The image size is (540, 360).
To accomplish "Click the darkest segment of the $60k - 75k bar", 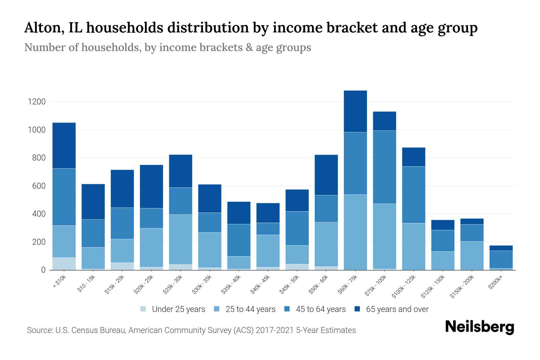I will tap(355, 111).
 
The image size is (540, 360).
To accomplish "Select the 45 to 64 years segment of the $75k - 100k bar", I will tap(384, 167).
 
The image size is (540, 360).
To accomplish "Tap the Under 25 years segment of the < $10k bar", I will tap(64, 264).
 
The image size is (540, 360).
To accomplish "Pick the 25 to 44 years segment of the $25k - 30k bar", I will tap(181, 239).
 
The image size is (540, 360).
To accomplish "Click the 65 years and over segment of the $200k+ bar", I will tap(501, 248).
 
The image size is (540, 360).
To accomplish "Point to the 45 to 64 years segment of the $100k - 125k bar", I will tap(413, 195).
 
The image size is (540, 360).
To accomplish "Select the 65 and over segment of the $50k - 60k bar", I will tap(326, 175).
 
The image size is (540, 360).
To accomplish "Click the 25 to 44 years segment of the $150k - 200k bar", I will tap(472, 256).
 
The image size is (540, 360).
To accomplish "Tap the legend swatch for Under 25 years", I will tap(143, 309).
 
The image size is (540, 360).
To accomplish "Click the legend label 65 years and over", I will tap(397, 309).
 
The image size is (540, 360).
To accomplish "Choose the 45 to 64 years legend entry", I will tap(321, 309).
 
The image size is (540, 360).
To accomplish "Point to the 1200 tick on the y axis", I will tap(37, 102).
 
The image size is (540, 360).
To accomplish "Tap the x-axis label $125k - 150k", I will tap(433, 287).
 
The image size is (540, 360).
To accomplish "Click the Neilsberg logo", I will tap(479, 327).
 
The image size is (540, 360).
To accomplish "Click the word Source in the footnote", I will tap(39, 330).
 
